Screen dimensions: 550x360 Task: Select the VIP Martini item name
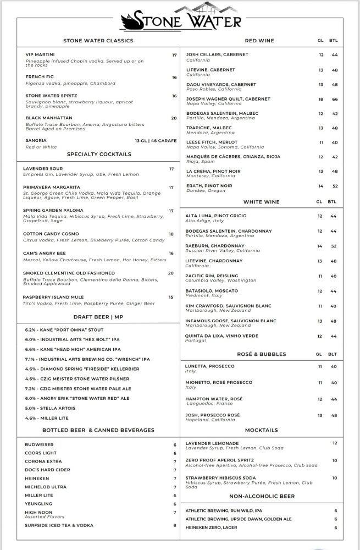click(x=40, y=55)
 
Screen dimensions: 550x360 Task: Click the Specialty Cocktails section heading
click(x=99, y=155)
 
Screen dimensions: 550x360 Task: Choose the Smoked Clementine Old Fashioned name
click(x=69, y=273)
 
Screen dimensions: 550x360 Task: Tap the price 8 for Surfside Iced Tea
click(x=175, y=525)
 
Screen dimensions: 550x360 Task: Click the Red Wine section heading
click(x=259, y=41)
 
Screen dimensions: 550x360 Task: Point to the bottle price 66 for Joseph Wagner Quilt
click(x=334, y=99)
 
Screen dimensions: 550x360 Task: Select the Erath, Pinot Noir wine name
click(x=209, y=186)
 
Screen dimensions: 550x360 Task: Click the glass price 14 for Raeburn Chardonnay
click(x=320, y=246)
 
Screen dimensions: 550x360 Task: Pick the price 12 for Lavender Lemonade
click(x=335, y=443)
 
